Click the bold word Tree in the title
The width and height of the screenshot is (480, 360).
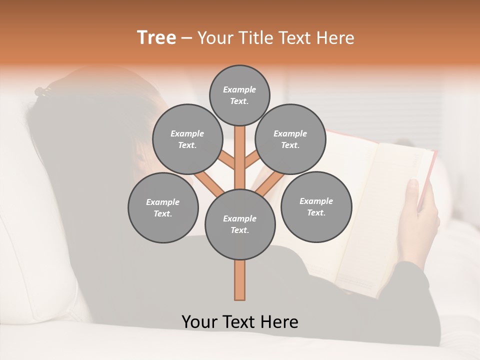click(156, 37)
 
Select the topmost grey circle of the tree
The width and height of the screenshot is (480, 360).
click(239, 95)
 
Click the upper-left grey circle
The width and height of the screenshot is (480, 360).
click(187, 139)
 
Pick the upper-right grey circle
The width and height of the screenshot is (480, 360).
click(290, 139)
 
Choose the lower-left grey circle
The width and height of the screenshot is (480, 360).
click(163, 207)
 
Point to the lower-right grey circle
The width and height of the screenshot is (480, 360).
click(316, 206)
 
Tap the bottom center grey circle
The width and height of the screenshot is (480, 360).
click(239, 224)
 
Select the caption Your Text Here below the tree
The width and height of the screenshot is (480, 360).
click(239, 321)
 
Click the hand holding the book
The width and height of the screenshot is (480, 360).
click(420, 215)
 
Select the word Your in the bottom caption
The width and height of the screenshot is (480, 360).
click(200, 321)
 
